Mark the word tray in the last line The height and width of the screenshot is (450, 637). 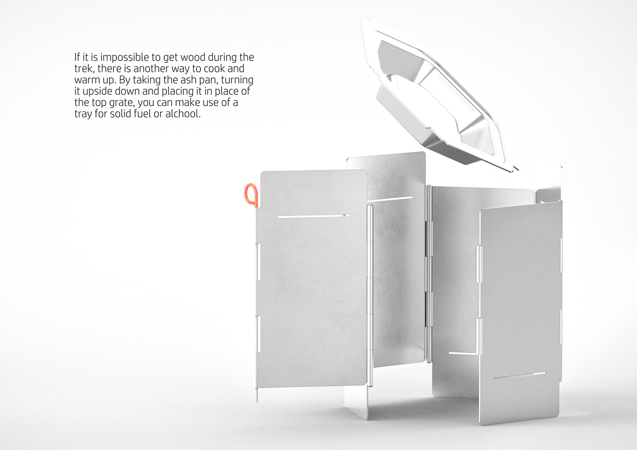coord(84,114)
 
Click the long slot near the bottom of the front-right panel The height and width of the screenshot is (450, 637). coord(519,376)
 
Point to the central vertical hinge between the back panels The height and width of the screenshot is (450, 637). coord(428,273)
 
